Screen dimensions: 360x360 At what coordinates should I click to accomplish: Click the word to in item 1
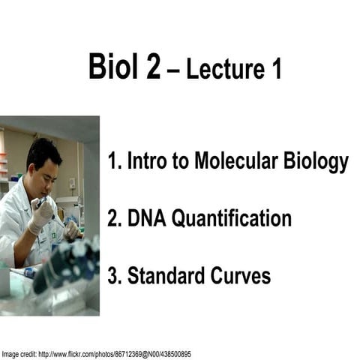[x=172, y=162]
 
